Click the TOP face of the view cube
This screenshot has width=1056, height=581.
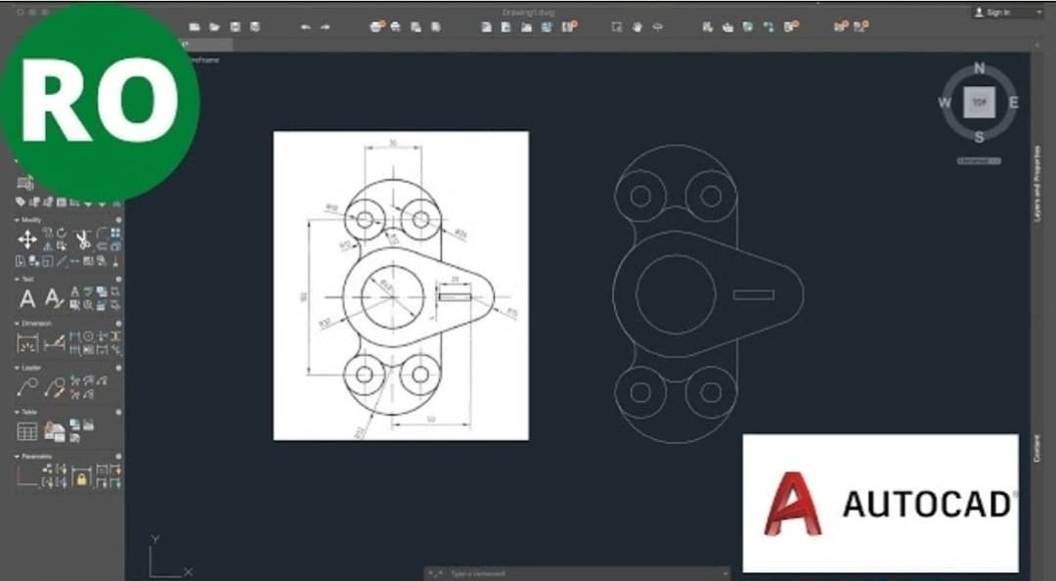coord(980,102)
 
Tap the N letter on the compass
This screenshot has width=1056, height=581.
coord(980,68)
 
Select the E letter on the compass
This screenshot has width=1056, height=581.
coord(1014,102)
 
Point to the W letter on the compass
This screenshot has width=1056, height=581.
coord(946,103)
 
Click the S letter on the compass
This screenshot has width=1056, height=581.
coord(980,136)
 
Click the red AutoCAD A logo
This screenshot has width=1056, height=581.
coord(792,504)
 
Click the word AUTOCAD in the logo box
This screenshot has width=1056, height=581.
coord(927,504)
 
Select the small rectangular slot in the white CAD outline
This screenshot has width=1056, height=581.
coord(753,294)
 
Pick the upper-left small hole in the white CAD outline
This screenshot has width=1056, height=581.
coord(640,196)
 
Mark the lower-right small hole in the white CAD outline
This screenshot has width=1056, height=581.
coord(711,392)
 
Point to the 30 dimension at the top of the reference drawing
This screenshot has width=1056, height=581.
coord(393,144)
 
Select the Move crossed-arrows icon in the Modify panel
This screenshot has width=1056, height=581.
coord(27,240)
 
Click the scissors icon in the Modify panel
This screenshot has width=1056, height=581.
coord(82,240)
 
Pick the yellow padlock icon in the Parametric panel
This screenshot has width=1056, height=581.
coord(81,478)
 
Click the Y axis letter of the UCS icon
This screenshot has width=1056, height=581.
coord(155,539)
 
